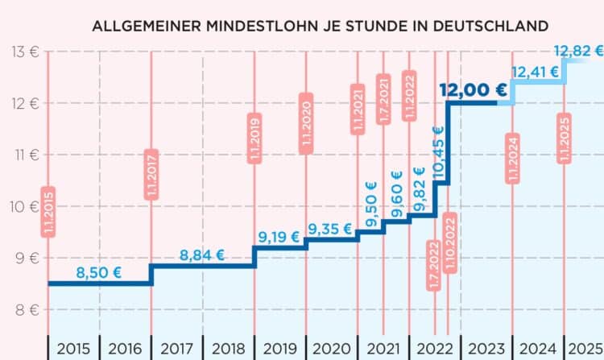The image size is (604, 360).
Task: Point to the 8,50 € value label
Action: pos(98,273)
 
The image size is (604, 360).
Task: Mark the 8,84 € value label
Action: pos(202,255)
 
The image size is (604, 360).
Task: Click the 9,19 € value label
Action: pos(279,238)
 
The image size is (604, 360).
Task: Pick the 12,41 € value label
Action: pos(535,72)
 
